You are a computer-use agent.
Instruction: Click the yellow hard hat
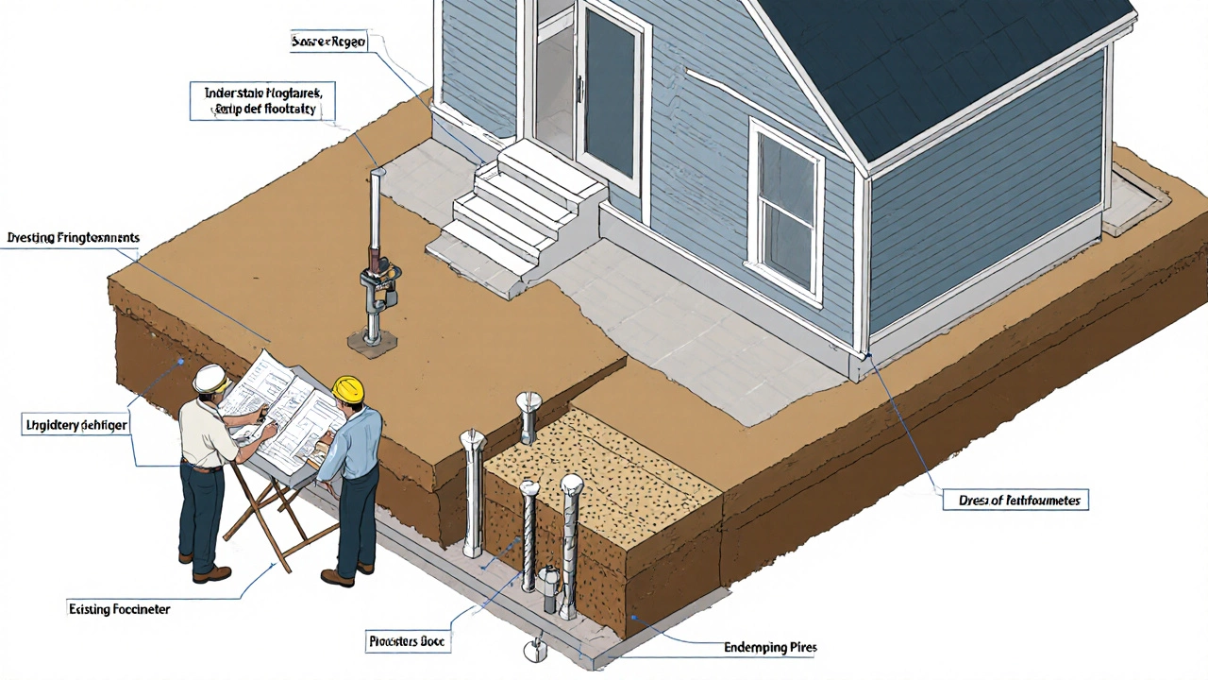[x=348, y=387]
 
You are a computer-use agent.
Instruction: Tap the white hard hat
[x=209, y=378]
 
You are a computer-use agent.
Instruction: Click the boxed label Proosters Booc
[x=407, y=641]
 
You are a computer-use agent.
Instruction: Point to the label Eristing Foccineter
[x=120, y=610]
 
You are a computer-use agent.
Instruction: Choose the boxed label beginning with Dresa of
[x=1015, y=500]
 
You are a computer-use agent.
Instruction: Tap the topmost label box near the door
[x=327, y=42]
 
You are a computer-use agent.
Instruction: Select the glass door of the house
[x=611, y=99]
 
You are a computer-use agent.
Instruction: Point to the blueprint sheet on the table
[x=283, y=406]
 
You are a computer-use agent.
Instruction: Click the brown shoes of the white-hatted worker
[x=211, y=573]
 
